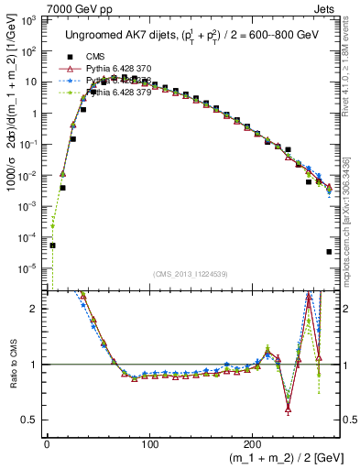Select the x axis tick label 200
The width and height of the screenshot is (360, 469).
(251, 444)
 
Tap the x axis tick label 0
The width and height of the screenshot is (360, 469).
(47, 444)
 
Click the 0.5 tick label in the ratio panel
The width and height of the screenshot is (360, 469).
(31, 420)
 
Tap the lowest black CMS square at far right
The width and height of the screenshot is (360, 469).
(329, 252)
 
